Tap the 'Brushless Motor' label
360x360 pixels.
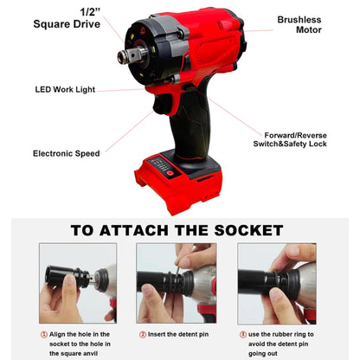click(299, 24)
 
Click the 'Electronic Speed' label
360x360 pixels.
click(66, 153)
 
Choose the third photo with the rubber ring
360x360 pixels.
click(277, 283)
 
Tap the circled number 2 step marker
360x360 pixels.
click(143, 334)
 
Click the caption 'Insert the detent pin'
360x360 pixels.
click(180, 334)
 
